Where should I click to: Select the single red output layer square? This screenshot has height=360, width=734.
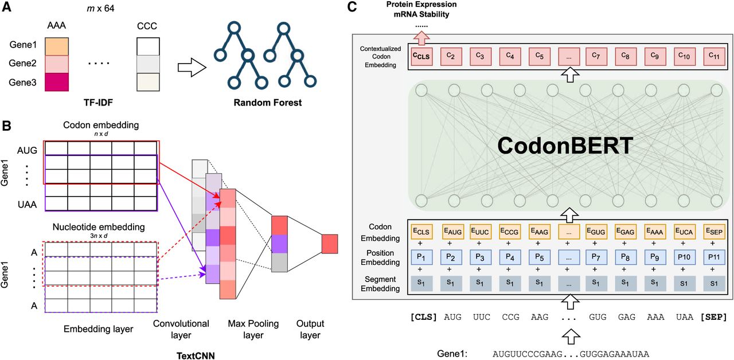tap(330, 244)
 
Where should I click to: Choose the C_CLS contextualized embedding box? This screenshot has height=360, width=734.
tap(421, 56)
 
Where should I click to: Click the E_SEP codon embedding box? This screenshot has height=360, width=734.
tap(715, 232)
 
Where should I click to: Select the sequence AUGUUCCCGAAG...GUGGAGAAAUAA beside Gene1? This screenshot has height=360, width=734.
tap(571, 354)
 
